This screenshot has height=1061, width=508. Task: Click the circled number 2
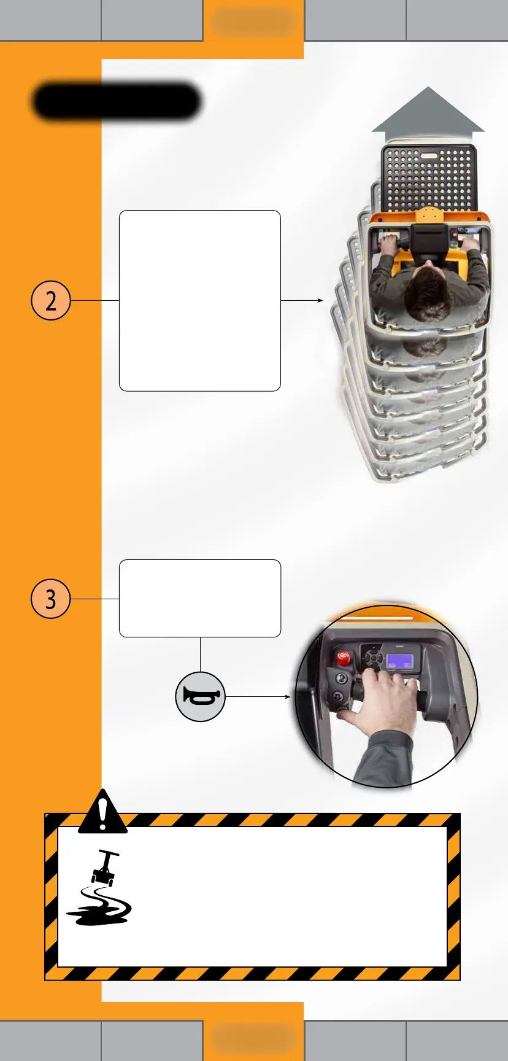click(x=51, y=300)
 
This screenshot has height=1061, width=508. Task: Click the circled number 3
click(x=51, y=599)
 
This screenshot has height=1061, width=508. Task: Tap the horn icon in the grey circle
click(x=200, y=696)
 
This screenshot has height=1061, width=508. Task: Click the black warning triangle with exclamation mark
click(x=102, y=812)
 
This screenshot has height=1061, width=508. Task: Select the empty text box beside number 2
click(x=199, y=301)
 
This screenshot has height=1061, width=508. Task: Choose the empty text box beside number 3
click(x=199, y=598)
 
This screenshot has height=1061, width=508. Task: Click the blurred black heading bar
click(x=117, y=101)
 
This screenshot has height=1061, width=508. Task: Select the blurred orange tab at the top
click(x=253, y=22)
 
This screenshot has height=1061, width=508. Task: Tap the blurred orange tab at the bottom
click(x=253, y=1038)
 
